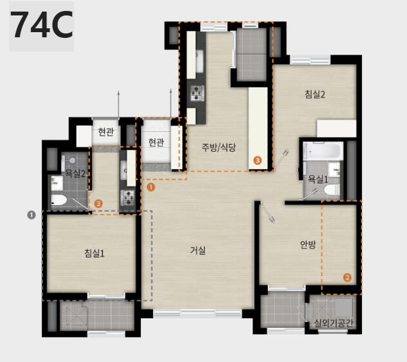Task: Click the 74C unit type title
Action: click(x=41, y=25)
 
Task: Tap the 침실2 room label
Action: click(x=315, y=94)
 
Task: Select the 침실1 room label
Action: click(x=94, y=253)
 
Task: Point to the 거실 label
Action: click(x=198, y=250)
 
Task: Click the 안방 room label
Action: click(x=308, y=244)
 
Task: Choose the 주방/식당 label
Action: click(x=219, y=147)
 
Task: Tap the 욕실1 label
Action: click(x=318, y=179)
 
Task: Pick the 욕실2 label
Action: click(x=75, y=173)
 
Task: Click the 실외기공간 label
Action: click(x=334, y=323)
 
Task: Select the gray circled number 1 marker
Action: click(x=32, y=215)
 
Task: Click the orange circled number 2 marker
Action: click(x=347, y=278)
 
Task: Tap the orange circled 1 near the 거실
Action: click(x=151, y=187)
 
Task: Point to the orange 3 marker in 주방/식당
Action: click(x=257, y=160)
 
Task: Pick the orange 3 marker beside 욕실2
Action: click(x=99, y=204)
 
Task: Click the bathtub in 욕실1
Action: click(x=324, y=150)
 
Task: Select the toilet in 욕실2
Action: click(x=59, y=200)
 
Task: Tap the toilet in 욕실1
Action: click(x=332, y=190)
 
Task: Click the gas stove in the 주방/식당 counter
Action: click(x=196, y=93)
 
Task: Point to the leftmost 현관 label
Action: click(x=106, y=132)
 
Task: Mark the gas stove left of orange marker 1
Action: click(x=128, y=197)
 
